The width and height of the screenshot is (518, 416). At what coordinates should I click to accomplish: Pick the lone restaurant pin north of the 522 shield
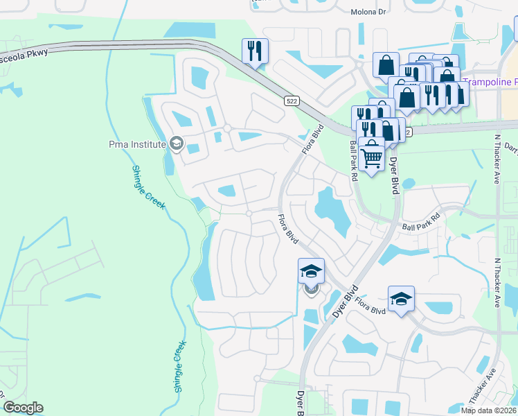[x=255, y=51]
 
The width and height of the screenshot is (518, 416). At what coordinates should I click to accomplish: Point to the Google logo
[x=23, y=408]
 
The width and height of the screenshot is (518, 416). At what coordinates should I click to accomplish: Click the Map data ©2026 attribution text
[x=488, y=410]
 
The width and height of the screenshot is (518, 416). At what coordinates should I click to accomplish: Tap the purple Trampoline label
[x=490, y=82]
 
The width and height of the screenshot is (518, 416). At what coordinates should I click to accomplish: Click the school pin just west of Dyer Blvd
[x=311, y=271]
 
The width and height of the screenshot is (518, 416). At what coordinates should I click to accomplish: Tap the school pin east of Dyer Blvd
[x=401, y=299]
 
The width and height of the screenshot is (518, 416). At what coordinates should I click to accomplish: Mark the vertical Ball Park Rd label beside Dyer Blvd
[x=353, y=162]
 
